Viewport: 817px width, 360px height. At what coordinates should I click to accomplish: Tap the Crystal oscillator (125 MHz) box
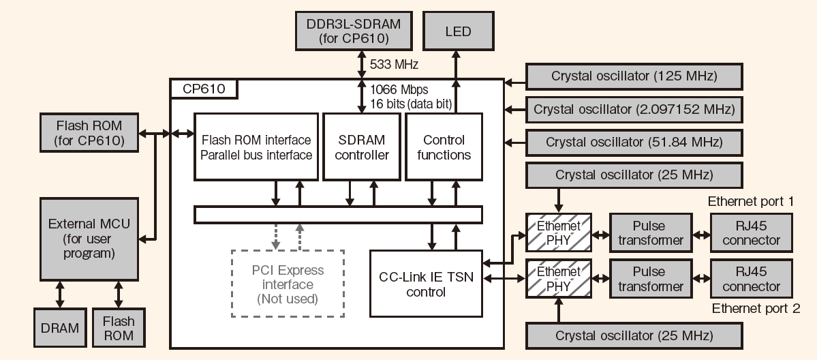[634, 75]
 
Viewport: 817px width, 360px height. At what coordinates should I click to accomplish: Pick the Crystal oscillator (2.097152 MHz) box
[634, 109]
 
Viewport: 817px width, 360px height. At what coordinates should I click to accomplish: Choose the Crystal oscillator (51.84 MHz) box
[634, 142]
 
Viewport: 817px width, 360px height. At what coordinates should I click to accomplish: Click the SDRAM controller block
[364, 147]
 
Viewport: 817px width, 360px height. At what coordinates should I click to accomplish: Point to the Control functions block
[444, 147]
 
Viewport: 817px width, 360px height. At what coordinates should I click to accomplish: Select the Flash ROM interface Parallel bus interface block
[257, 147]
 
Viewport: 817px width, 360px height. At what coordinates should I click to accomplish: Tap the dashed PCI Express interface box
[288, 284]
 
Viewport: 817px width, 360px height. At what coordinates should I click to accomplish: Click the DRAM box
[59, 328]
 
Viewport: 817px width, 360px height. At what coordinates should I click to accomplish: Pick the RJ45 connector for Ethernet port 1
[751, 232]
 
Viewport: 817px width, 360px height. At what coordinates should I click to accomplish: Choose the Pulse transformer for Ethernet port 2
[650, 279]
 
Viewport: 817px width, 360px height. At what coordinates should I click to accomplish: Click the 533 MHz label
[393, 65]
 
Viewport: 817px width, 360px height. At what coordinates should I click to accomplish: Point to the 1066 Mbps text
[400, 89]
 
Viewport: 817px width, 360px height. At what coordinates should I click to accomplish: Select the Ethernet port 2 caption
[756, 309]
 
